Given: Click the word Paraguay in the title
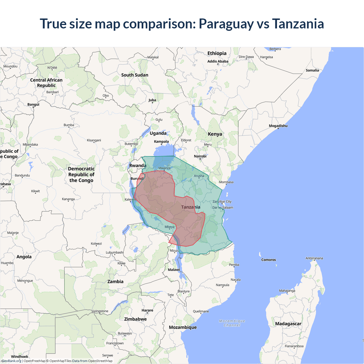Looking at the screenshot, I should pyautogui.click(x=226, y=24).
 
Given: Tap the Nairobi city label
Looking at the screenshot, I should pyautogui.click(x=200, y=156).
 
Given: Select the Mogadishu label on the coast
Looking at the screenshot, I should pyautogui.click(x=278, y=126).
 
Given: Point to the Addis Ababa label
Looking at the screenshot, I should pyautogui.click(x=218, y=61).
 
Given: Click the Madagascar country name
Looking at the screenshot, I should pyautogui.click(x=288, y=324).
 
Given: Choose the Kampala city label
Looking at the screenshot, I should pyautogui.click(x=161, y=142).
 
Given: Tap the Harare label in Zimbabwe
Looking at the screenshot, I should pyautogui.click(x=147, y=310).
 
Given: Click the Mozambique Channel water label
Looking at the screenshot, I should pyautogui.click(x=232, y=323).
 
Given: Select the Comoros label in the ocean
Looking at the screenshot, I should pyautogui.click(x=268, y=260).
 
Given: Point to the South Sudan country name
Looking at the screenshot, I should pyautogui.click(x=135, y=75).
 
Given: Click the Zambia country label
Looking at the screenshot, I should pyautogui.click(x=115, y=282).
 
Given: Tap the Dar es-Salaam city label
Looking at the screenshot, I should pyautogui.click(x=223, y=208).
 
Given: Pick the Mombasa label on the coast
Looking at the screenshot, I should pyautogui.click(x=226, y=182).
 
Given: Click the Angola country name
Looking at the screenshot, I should pyautogui.click(x=24, y=257).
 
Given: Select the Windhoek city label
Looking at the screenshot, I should pyautogui.click(x=20, y=357).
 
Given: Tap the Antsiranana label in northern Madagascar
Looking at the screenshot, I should pyautogui.click(x=314, y=258).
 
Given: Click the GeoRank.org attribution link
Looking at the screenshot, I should pyautogui.click(x=11, y=361).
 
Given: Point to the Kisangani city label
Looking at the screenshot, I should pyautogui.click(x=94, y=140).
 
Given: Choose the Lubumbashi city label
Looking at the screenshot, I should pyautogui.click(x=115, y=252).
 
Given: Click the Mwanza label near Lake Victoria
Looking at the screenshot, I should pyautogui.click(x=164, y=168).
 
